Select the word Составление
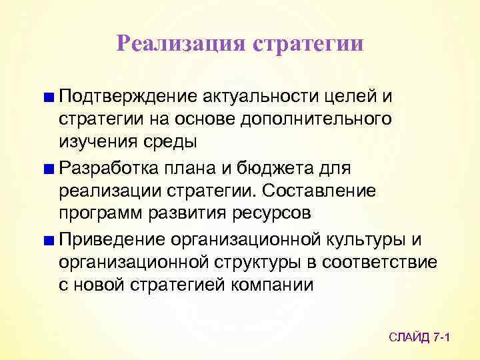tap(320, 191)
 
